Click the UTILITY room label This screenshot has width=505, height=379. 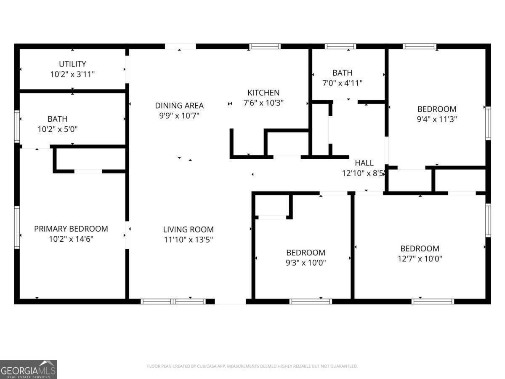[72, 64]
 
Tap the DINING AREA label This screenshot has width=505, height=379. [179, 106]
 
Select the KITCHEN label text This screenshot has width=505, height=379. [263, 93]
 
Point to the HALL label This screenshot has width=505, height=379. [364, 163]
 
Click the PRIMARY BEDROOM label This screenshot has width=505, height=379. [71, 229]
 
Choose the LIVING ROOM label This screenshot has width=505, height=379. [188, 230]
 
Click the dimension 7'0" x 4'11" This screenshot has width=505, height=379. [342, 83]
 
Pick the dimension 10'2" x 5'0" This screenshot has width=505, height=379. [58, 129]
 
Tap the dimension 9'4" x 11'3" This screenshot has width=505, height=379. [436, 119]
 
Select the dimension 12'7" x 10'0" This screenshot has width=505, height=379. [420, 259]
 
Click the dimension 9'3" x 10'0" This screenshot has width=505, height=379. [306, 263]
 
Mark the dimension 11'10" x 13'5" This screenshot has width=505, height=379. [188, 240]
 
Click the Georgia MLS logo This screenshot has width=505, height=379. [28, 369]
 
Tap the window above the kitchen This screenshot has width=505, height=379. [265, 46]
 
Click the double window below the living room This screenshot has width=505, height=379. [173, 301]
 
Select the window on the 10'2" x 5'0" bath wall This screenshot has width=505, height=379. [17, 126]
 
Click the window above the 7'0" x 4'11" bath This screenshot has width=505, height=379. [340, 46]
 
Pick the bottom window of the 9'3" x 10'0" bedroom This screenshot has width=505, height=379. [311, 301]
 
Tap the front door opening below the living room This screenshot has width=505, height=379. [230, 302]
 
